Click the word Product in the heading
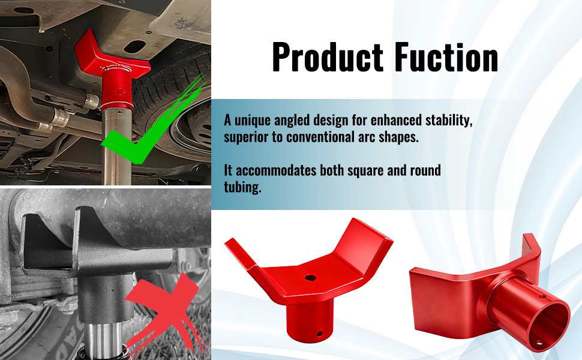328,58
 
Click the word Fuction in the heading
446,58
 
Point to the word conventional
320,137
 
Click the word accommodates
276,170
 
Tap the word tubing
242,187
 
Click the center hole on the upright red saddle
310,278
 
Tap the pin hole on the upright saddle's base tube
320,334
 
